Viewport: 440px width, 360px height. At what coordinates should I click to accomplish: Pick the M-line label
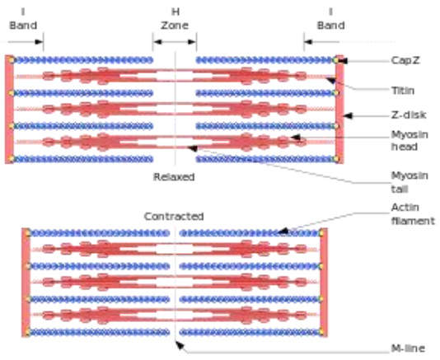click(x=408, y=348)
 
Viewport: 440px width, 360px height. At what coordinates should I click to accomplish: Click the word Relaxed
click(x=173, y=176)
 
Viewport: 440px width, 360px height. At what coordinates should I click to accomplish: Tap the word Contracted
click(x=173, y=217)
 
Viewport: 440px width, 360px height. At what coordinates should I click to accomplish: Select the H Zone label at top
click(x=175, y=19)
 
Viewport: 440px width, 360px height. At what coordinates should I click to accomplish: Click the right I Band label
click(x=330, y=19)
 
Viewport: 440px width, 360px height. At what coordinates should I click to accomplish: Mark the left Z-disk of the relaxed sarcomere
click(x=9, y=109)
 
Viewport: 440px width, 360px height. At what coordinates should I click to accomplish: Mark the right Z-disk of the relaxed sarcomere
click(x=339, y=109)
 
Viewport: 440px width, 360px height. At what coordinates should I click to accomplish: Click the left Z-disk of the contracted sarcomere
click(x=26, y=283)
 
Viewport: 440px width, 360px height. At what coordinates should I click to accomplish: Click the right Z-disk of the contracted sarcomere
click(x=323, y=283)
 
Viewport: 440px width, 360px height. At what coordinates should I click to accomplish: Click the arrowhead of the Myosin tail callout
click(x=191, y=148)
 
